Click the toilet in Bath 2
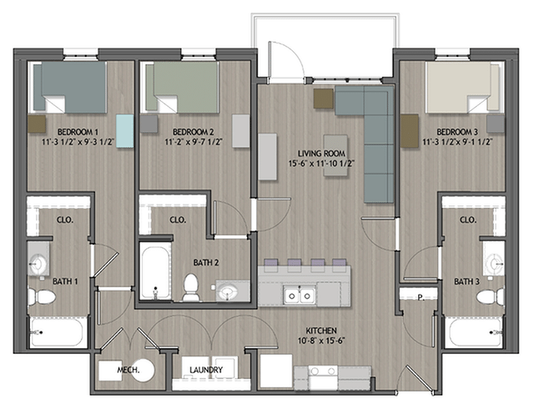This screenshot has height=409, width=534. [x=191, y=286]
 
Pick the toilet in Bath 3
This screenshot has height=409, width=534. [x=493, y=295]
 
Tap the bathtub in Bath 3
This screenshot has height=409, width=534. [x=474, y=332]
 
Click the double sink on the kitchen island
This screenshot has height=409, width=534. [x=298, y=295]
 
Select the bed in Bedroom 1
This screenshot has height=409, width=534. [x=70, y=88]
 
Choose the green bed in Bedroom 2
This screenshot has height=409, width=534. [x=181, y=88]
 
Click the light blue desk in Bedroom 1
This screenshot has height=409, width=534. [x=124, y=131]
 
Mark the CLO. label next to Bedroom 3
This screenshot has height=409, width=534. [x=467, y=220]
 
